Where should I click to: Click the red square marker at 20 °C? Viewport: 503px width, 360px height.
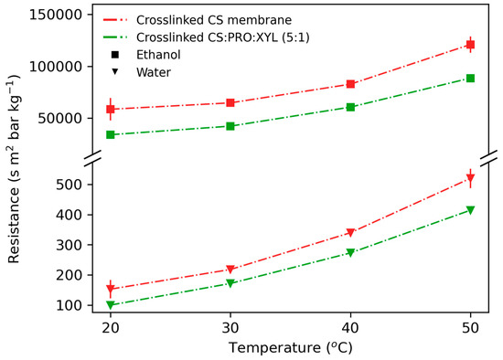pyautogui.click(x=111, y=109)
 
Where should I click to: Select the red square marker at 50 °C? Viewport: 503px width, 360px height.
pyautogui.click(x=470, y=44)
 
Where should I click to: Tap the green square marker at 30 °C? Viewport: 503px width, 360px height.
pyautogui.click(x=230, y=126)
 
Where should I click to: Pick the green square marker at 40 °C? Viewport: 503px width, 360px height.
pyautogui.click(x=350, y=107)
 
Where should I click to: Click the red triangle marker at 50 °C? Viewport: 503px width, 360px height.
pyautogui.click(x=470, y=178)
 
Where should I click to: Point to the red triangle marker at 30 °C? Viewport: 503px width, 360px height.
pyautogui.click(x=230, y=270)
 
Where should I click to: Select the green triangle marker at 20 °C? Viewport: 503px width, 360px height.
pyautogui.click(x=111, y=305)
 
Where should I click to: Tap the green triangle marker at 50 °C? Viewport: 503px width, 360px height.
pyautogui.click(x=470, y=210)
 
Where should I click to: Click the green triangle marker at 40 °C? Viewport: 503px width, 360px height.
pyautogui.click(x=350, y=253)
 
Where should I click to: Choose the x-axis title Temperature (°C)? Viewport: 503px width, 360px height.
pyautogui.click(x=290, y=348)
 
